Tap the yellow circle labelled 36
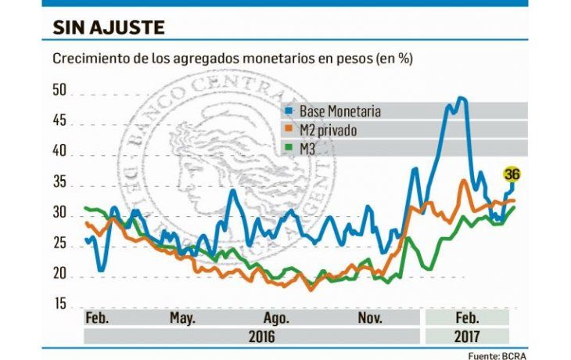pos(512,174)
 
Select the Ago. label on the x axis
pos(277,319)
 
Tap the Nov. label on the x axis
pos(370,319)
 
